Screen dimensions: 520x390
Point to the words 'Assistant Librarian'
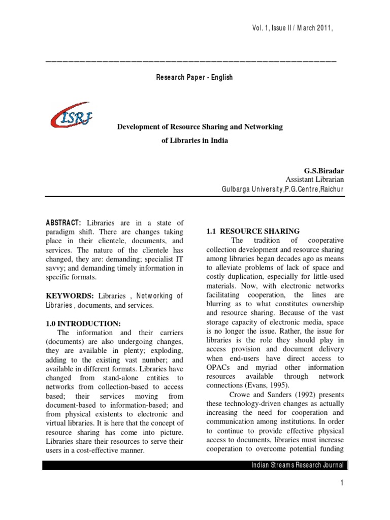[x=314, y=179]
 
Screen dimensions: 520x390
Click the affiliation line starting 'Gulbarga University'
[x=282, y=189]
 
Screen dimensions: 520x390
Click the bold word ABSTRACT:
[x=63, y=223]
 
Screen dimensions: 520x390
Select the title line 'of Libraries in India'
[x=194, y=141]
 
